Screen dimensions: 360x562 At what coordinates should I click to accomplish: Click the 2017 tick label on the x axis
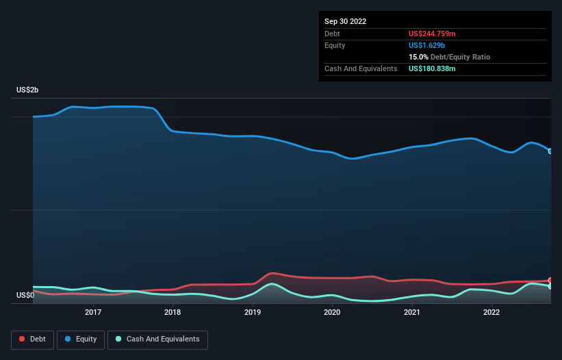point(93,312)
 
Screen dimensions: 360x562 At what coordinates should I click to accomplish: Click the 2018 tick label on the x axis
point(173,312)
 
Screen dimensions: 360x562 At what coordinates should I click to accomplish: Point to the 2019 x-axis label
point(253,312)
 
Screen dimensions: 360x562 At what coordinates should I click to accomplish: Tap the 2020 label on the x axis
point(332,312)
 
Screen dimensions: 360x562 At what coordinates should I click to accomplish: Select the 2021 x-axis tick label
point(412,312)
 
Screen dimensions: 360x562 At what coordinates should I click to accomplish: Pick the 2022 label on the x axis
point(491,312)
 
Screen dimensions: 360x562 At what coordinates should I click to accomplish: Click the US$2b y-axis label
point(28,90)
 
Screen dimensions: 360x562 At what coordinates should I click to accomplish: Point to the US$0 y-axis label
point(25,296)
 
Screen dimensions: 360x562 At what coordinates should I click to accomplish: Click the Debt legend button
point(33,339)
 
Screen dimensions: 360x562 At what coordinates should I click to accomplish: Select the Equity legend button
point(81,339)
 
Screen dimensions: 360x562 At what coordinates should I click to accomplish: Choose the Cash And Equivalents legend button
point(157,339)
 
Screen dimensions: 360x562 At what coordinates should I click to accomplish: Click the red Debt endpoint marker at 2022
point(550,281)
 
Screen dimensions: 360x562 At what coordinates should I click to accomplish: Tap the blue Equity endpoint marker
point(550,151)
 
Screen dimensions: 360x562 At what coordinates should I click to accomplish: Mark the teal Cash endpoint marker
point(550,287)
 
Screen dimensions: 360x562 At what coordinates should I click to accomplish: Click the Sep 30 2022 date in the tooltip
point(346,21)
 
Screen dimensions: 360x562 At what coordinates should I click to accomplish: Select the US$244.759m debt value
point(432,34)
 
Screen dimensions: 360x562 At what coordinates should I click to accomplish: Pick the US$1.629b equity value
point(427,45)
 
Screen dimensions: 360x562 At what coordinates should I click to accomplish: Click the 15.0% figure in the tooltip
point(418,57)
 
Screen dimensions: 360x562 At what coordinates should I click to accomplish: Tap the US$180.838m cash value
point(432,68)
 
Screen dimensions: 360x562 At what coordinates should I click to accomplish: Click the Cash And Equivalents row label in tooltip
point(361,68)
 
